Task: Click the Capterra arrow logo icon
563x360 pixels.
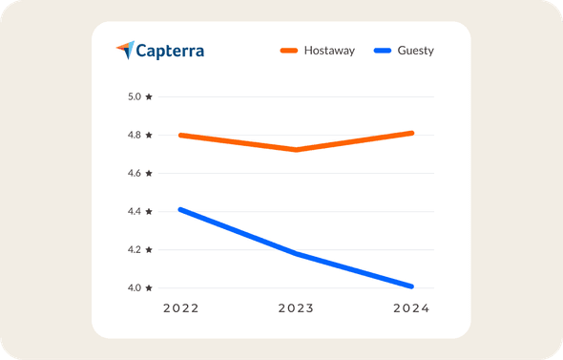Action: click(125, 50)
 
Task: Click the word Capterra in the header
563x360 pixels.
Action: click(170, 50)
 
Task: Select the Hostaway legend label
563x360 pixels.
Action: click(329, 51)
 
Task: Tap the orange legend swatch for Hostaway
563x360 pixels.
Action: click(289, 51)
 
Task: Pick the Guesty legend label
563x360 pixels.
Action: click(416, 51)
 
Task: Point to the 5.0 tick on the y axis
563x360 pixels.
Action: click(139, 96)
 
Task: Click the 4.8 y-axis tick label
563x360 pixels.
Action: click(139, 135)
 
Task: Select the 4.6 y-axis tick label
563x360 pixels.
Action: click(139, 173)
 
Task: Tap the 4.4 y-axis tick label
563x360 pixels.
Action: click(139, 211)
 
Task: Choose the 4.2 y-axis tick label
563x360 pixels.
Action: click(139, 249)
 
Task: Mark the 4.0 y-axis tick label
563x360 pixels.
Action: click(139, 287)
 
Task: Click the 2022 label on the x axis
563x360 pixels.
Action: click(180, 308)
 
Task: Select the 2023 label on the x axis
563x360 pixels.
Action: click(296, 308)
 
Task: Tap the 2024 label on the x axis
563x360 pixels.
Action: click(411, 308)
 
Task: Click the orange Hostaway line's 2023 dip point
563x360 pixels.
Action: click(297, 150)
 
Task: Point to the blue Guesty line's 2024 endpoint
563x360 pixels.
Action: click(411, 286)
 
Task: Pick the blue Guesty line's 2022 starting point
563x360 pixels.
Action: click(181, 209)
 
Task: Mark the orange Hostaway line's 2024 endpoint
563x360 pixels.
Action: click(411, 133)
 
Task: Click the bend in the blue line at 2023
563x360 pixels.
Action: click(297, 253)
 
